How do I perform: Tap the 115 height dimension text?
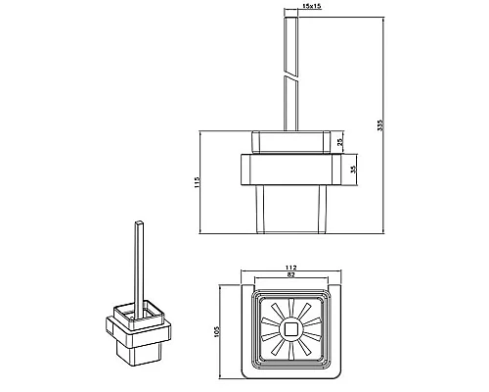(x=197, y=182)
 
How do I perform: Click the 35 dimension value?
(x=354, y=170)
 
